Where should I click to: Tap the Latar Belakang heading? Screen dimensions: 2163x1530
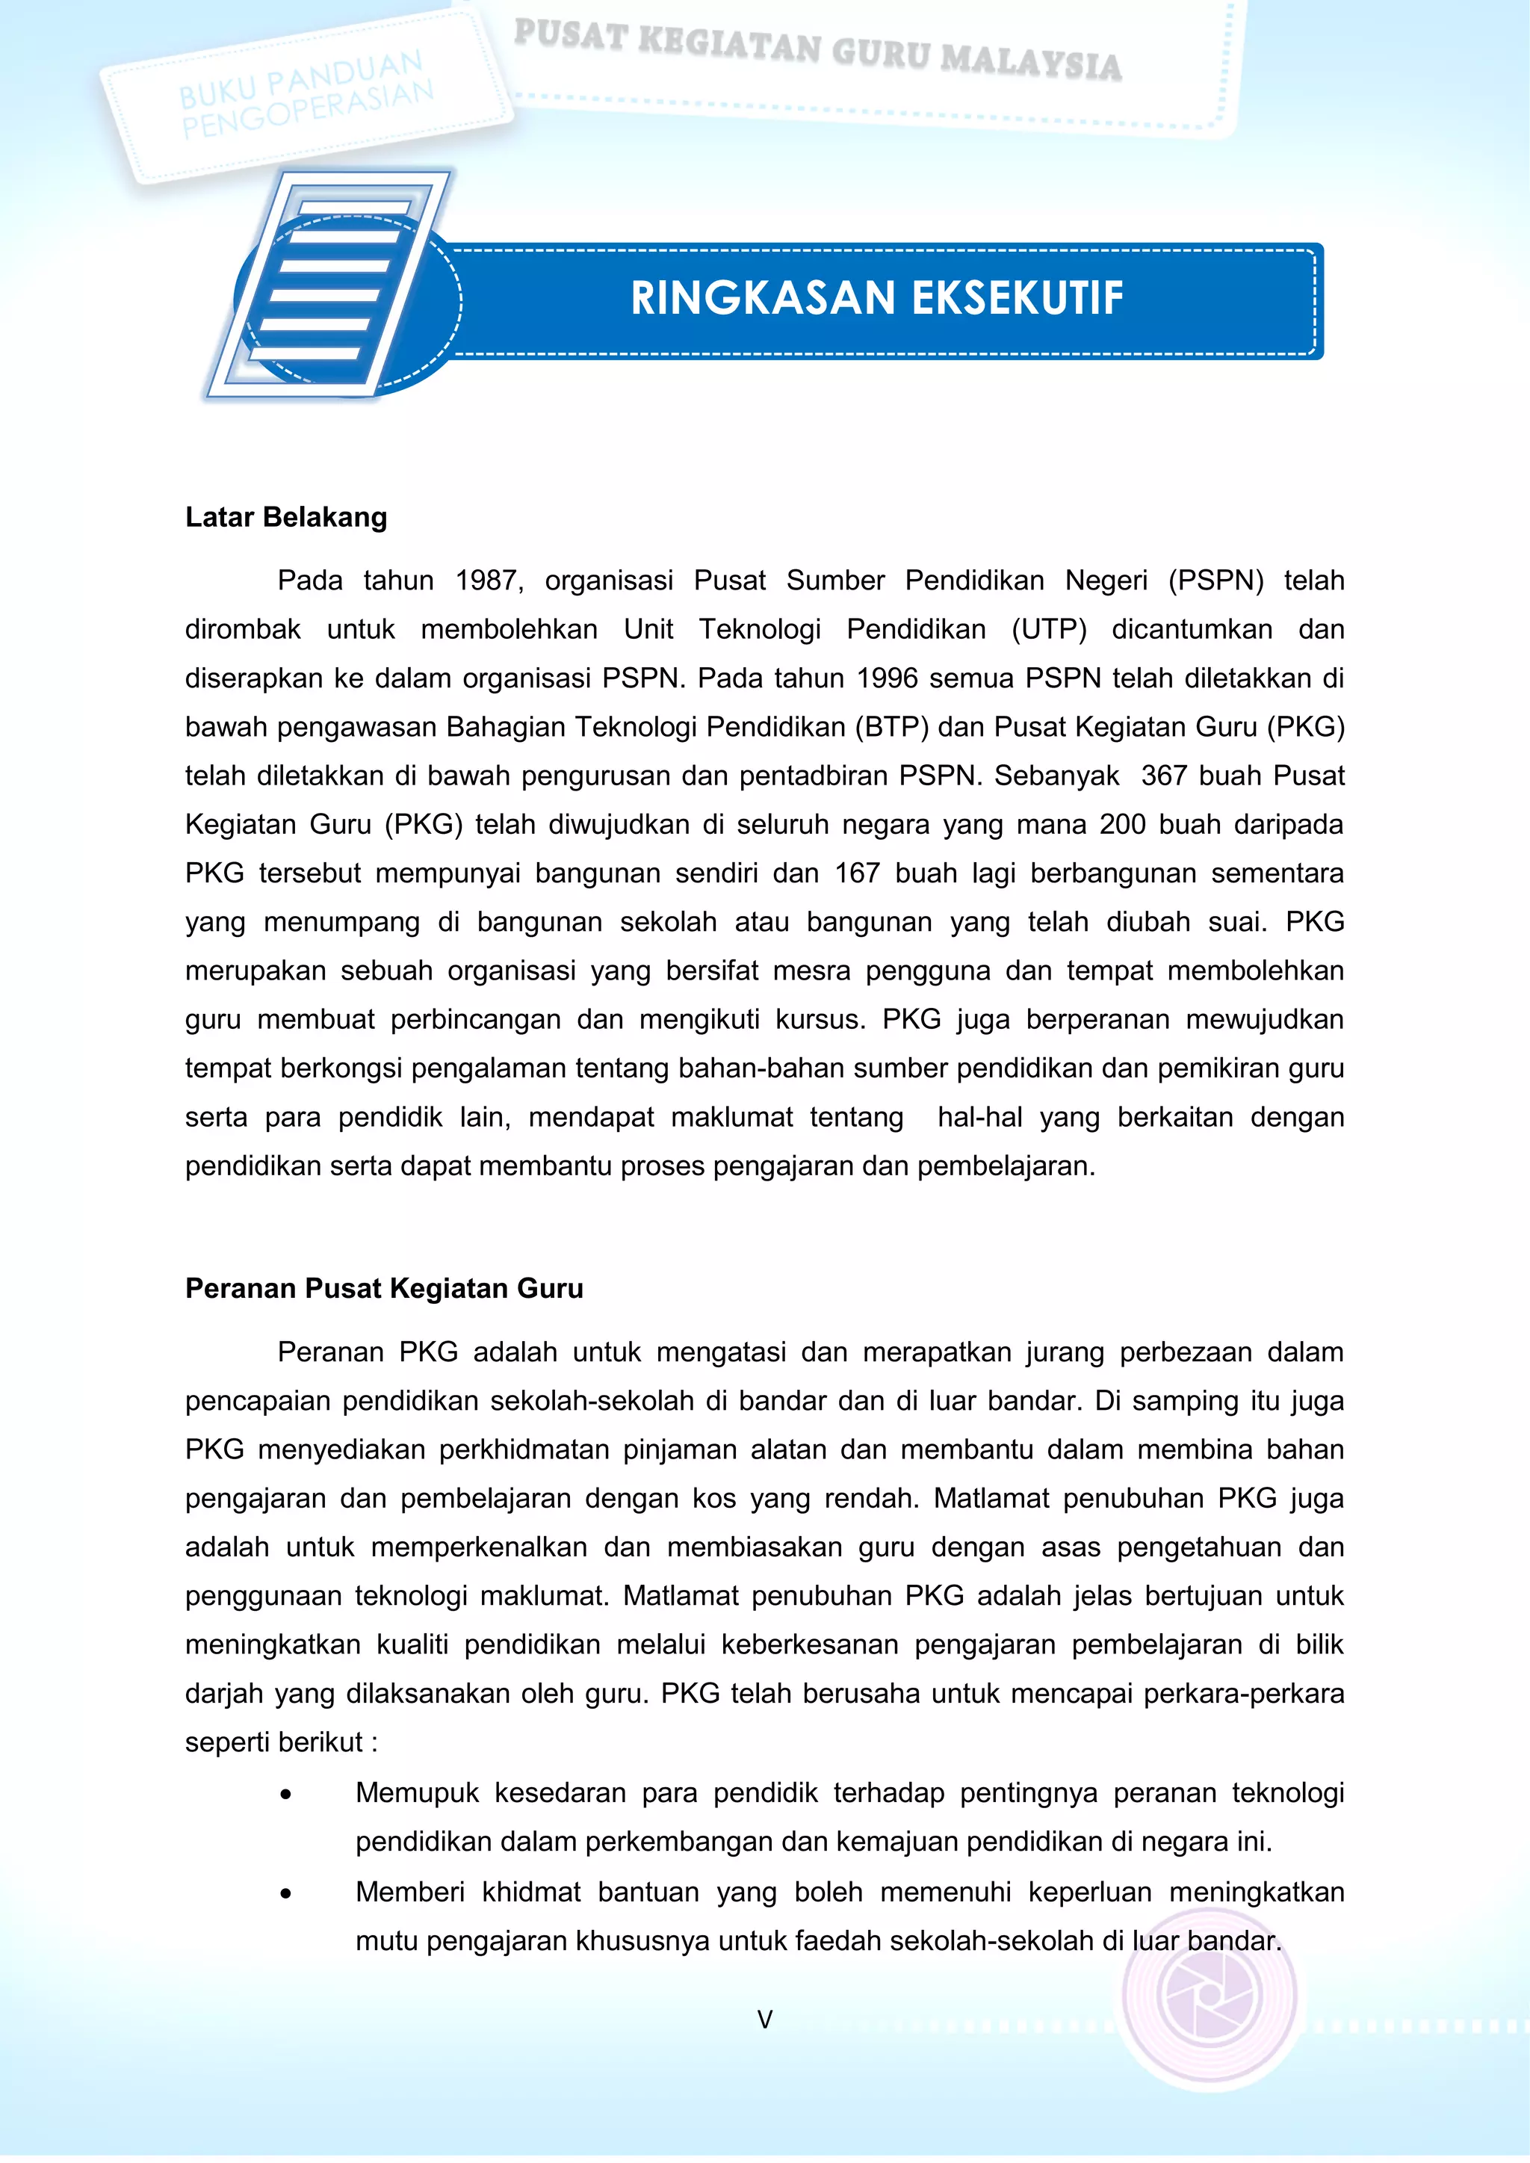click(x=285, y=517)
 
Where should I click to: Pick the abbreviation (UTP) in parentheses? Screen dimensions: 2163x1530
click(x=1049, y=629)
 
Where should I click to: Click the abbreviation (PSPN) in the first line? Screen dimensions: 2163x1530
click(x=1215, y=581)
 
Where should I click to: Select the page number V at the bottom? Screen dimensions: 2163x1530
click(x=764, y=2019)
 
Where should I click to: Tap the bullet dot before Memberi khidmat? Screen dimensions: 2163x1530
click(x=285, y=1893)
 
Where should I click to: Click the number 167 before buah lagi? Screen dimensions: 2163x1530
click(x=856, y=873)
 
